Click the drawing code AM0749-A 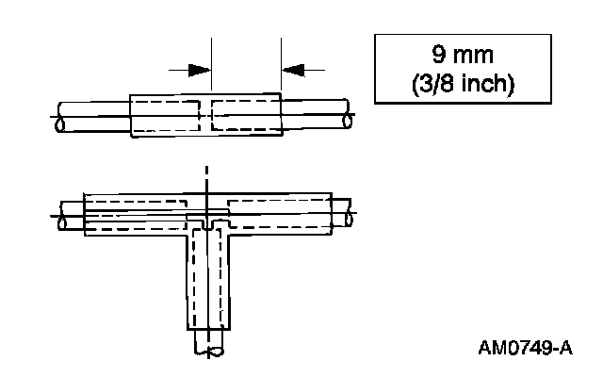(525, 348)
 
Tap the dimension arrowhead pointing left (296, 70)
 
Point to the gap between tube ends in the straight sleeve (206, 115)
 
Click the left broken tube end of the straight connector (61, 115)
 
